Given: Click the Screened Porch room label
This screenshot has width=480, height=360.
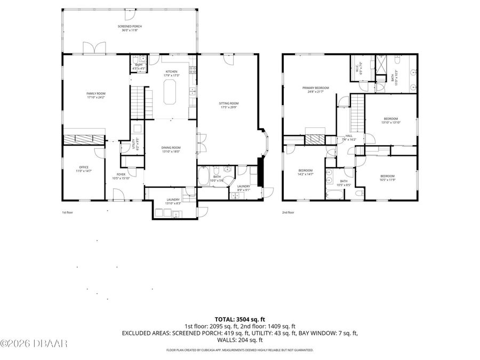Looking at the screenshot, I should point(130,26).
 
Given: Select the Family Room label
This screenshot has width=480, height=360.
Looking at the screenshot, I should point(96,93).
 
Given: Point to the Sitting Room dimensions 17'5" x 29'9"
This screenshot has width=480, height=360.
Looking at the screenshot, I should point(229,108).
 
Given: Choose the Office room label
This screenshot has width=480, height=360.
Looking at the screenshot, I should point(84,167).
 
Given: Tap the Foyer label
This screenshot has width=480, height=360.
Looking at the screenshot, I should point(121,174).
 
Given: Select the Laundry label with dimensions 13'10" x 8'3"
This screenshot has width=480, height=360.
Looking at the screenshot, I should point(173,199).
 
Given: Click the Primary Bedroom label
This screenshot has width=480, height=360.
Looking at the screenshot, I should point(315,88).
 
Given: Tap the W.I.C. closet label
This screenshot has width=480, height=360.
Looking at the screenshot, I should point(358,68).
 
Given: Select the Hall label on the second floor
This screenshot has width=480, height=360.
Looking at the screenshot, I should point(349,136).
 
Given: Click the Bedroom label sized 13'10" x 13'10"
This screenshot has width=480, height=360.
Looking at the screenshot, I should point(390,118).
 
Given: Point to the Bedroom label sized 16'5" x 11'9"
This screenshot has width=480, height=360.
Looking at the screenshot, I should point(387,176).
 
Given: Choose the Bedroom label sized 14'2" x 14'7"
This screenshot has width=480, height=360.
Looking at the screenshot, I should point(305,170).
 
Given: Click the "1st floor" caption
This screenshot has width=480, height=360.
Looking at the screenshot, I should point(67,212).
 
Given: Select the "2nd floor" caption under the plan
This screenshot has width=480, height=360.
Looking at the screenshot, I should point(288,212).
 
